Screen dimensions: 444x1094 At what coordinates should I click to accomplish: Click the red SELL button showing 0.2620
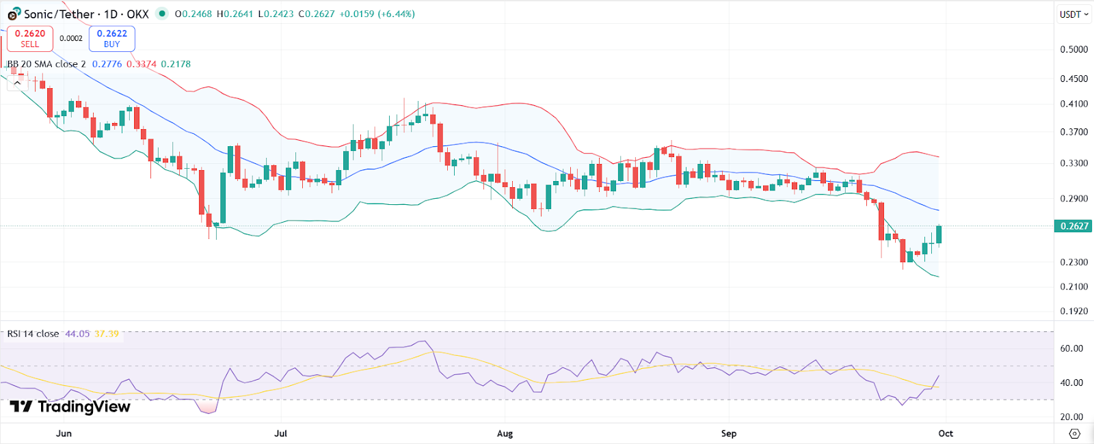tap(29, 38)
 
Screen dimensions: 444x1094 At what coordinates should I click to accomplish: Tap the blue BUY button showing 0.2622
tap(111, 38)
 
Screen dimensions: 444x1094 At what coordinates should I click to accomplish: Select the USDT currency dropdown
tap(1073, 14)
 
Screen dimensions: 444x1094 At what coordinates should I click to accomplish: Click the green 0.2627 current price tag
tap(1073, 226)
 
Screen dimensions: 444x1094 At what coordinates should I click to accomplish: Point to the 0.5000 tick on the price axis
tap(1073, 49)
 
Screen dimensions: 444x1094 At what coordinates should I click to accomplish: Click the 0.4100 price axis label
tap(1073, 104)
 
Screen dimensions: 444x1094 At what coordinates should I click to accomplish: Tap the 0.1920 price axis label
tap(1073, 311)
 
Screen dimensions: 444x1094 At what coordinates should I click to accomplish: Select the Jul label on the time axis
tap(280, 434)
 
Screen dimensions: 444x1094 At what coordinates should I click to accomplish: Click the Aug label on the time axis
tap(505, 434)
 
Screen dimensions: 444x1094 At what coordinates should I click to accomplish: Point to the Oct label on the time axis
tap(946, 434)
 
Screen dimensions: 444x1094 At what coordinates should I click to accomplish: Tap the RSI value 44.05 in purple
tap(77, 334)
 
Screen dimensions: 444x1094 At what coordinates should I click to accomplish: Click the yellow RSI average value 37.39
tap(107, 334)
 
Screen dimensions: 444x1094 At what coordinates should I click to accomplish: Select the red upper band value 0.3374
tap(142, 64)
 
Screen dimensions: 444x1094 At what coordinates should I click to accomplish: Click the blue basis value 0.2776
tap(107, 64)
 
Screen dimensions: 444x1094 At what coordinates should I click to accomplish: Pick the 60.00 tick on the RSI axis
tap(1071, 348)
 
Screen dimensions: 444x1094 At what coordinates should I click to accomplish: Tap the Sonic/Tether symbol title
tap(86, 14)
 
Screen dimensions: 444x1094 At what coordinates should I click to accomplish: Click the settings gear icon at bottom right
tap(1074, 434)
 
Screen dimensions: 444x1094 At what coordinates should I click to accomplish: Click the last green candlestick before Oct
tap(939, 234)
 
